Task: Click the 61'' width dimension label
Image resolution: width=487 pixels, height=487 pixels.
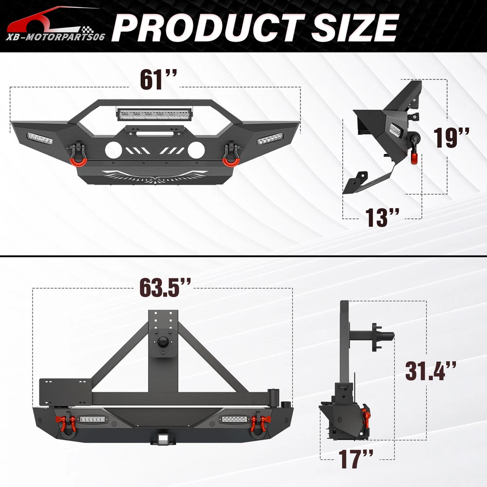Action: tap(158, 79)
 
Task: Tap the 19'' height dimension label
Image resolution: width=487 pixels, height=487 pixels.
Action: tap(451, 137)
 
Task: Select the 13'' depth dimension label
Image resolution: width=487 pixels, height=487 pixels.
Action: tap(382, 217)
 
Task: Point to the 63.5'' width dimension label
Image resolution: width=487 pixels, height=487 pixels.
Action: tap(165, 287)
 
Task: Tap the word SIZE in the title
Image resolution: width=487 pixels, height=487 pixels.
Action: tap(355, 27)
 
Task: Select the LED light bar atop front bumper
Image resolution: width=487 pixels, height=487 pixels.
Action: tap(154, 114)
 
